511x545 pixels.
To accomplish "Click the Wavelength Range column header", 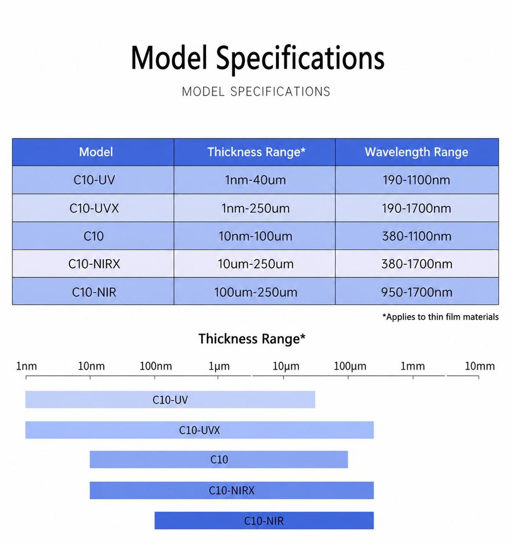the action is [x=416, y=152].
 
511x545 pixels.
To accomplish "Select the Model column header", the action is [x=96, y=152].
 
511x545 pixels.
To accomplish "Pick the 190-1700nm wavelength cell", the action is [x=416, y=208].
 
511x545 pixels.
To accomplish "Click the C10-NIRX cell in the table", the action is [x=94, y=264].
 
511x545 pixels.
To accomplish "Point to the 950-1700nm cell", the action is [x=416, y=292].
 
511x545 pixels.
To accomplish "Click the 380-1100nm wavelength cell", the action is [x=416, y=236].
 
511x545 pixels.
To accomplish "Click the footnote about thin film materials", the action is [x=440, y=317].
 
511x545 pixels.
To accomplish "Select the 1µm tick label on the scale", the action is [x=219, y=366].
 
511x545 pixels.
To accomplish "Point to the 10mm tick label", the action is [x=479, y=366].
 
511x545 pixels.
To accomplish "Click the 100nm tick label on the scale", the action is [x=156, y=366].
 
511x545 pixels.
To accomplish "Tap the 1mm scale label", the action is [x=413, y=366].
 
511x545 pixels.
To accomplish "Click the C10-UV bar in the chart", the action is [x=170, y=399].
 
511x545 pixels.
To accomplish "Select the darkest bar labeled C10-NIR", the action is [x=264, y=521].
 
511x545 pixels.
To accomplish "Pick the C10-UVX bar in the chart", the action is [x=199, y=430].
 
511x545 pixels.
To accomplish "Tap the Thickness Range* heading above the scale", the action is [x=252, y=339].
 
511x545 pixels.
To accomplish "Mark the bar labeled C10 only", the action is [x=219, y=460].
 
